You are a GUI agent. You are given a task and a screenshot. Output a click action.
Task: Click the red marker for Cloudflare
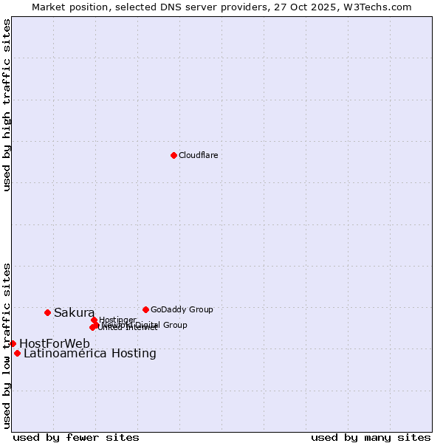174,155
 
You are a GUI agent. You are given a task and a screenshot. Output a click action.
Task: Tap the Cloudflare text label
198,155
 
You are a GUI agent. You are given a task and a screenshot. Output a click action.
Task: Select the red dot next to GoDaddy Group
145,309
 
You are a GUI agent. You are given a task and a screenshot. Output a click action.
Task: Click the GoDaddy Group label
182,309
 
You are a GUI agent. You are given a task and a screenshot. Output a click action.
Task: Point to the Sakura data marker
47,312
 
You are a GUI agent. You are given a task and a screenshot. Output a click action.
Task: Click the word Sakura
74,313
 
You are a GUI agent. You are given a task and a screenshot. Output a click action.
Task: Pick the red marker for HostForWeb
13,343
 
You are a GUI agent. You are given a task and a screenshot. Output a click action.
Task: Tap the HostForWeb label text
55,343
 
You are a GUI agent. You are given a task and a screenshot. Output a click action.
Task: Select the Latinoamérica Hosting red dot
17,353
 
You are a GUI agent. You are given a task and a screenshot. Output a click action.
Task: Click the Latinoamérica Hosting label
90,354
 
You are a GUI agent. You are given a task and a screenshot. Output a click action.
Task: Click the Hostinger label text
117,320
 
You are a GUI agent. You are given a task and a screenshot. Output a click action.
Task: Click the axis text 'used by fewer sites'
76,437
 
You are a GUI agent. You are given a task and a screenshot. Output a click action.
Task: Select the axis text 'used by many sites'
371,437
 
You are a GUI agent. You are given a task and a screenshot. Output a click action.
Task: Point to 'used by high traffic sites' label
7,105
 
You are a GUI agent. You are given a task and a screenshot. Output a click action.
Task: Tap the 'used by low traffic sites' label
7,345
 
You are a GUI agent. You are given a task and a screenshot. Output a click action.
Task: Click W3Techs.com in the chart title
381,7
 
